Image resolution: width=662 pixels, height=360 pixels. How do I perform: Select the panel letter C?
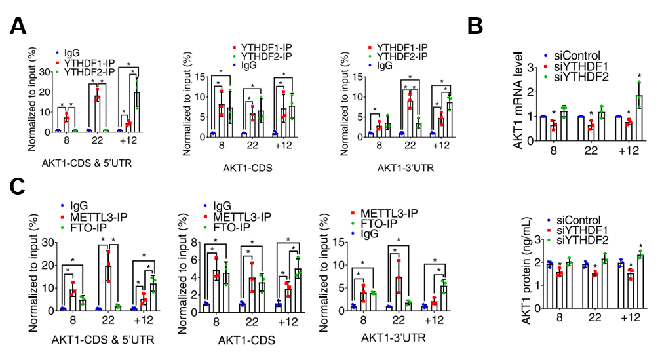pos(18,187)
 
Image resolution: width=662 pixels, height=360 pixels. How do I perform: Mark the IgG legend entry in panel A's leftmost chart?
pos(72,52)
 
